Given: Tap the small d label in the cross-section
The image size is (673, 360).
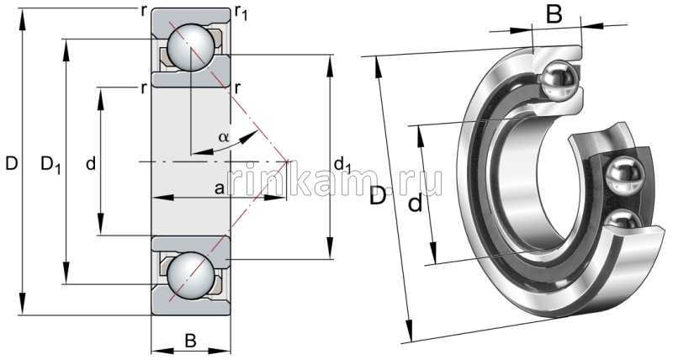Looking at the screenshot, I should click(91, 164).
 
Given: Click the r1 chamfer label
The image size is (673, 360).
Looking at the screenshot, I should click(241, 11).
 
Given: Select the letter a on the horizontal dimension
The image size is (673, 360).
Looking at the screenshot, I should click(219, 189).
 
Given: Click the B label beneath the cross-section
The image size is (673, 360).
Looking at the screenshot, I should click(190, 341).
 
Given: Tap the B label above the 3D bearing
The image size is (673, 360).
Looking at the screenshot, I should click(554, 14).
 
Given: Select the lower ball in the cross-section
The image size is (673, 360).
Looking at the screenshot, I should click(189, 273).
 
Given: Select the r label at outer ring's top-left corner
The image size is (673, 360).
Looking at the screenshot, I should click(146, 10).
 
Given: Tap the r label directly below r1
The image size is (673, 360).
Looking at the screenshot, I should click(239, 87).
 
